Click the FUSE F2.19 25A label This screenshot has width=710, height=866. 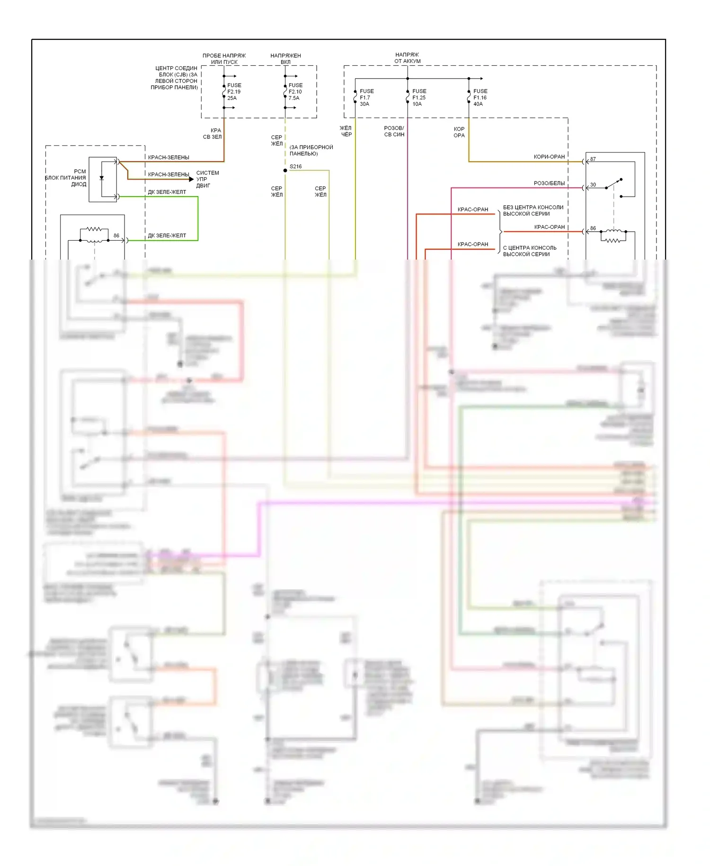coord(234,92)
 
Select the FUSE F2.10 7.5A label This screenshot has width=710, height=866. coord(295,92)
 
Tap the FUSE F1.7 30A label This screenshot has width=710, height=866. coord(366,98)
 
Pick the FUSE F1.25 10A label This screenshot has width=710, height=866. coord(419,98)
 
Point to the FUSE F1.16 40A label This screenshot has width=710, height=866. coord(480,98)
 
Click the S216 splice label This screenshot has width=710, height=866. coord(295,167)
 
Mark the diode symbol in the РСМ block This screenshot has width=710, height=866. coord(102,178)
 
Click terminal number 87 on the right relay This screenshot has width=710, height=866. coord(593,159)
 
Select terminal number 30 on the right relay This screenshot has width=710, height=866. coord(593,185)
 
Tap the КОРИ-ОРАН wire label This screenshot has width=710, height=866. coord(549,157)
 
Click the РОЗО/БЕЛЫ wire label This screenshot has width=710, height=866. coord(549,183)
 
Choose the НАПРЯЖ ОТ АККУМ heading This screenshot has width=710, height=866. coord(407,58)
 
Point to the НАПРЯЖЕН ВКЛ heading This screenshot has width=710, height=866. coord(285,59)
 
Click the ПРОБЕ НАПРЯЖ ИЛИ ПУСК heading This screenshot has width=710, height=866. coord(224,59)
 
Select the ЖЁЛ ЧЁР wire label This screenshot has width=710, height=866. coord(346,131)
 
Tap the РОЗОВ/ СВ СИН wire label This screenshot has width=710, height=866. coord(394,131)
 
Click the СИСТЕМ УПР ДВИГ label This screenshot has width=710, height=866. coord(207,179)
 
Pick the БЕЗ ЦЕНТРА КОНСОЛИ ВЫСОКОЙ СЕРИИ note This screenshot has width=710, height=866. coord(533,211)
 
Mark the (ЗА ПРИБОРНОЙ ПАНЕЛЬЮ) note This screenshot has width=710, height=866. coord(311,150)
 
